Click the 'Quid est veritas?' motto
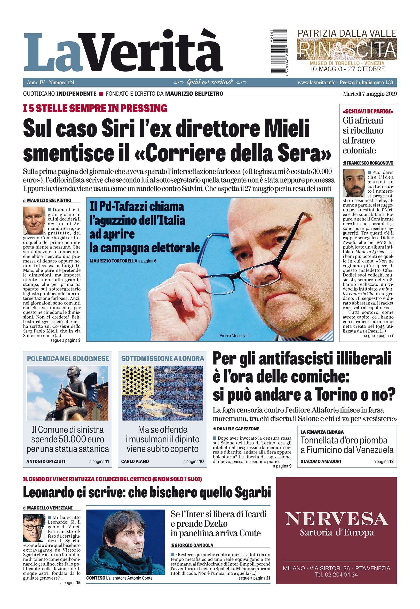coord(210,82)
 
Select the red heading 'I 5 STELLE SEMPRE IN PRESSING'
coord(95,108)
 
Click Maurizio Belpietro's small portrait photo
coord(34,220)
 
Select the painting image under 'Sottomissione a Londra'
coord(163,393)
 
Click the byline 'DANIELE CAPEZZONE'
coord(234,429)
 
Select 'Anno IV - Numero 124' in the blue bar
coord(51,83)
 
